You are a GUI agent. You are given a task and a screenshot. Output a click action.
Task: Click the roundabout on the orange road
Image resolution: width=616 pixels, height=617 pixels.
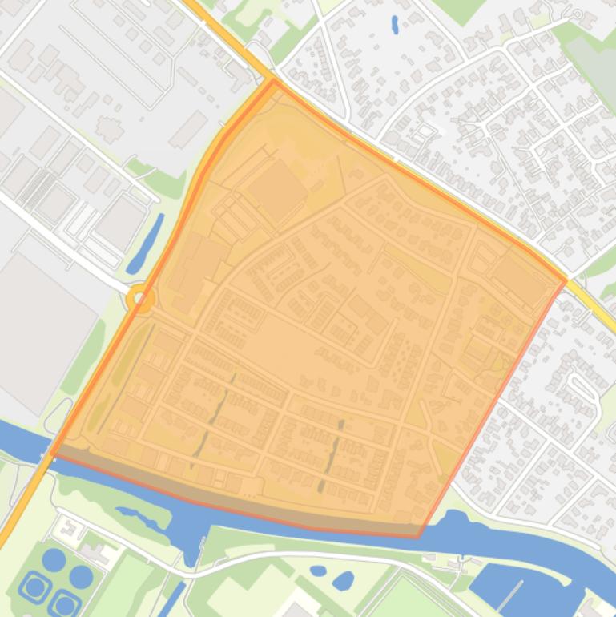140,300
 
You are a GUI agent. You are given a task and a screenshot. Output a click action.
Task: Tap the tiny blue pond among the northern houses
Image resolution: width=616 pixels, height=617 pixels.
395,25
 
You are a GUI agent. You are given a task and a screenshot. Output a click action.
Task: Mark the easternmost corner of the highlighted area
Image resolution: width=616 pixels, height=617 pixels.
566,280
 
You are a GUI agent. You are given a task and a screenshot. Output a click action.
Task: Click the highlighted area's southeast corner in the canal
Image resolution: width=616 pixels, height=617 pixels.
417,536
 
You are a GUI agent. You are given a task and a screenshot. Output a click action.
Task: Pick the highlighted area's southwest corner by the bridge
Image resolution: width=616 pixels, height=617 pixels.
52,453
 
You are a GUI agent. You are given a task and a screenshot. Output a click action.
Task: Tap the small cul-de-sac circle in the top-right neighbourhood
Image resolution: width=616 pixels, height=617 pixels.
577,14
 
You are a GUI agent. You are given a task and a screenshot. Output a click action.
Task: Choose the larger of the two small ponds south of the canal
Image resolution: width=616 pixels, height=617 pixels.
343,579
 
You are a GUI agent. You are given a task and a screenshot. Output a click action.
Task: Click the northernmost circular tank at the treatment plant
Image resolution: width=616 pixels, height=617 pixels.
54,559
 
